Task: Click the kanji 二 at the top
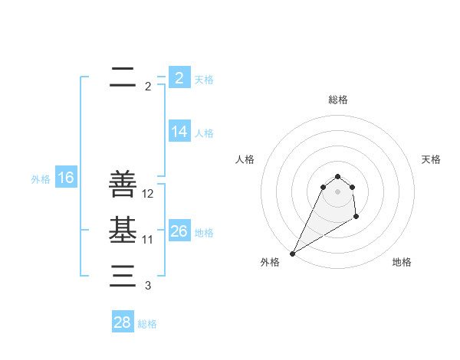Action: tap(123, 77)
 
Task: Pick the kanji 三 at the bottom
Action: tap(123, 276)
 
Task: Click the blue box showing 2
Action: tap(179, 78)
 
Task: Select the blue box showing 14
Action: tap(179, 132)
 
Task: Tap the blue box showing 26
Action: tap(179, 231)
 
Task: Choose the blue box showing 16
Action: tap(65, 178)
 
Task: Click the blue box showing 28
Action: tap(122, 322)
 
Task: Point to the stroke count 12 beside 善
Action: tap(148, 194)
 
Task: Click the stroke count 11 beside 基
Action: tap(148, 240)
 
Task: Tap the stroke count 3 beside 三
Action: tap(148, 286)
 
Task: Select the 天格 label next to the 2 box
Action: tap(204, 79)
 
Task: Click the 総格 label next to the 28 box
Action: tap(147, 324)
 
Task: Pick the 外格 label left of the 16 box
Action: tap(41, 179)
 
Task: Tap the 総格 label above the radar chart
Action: tap(337, 100)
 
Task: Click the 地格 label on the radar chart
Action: tap(402, 262)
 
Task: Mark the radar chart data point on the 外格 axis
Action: tap(293, 254)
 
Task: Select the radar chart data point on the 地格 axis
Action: tap(356, 218)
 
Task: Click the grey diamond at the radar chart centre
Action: tap(337, 191)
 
